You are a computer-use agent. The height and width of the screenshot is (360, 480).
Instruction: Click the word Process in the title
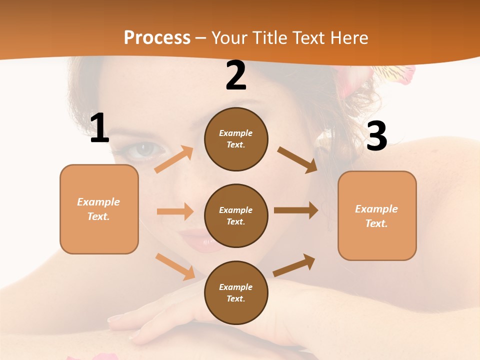click(x=157, y=38)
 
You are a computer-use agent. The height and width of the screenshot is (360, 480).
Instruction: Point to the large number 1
click(x=99, y=128)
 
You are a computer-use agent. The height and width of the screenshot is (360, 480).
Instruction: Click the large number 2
click(x=236, y=76)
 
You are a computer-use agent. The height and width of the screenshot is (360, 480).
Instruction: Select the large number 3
click(x=376, y=136)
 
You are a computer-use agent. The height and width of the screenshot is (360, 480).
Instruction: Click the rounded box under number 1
click(x=99, y=209)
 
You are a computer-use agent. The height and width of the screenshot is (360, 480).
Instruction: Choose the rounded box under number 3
click(x=377, y=215)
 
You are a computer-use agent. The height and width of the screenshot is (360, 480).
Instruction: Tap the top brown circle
click(x=236, y=139)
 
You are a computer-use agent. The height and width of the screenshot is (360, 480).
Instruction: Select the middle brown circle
click(x=236, y=215)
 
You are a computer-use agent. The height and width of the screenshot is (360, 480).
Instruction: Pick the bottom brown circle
click(x=236, y=292)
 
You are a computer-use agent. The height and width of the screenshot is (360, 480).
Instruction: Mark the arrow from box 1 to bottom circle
click(x=175, y=266)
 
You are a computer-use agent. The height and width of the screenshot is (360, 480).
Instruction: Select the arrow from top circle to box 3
click(x=297, y=159)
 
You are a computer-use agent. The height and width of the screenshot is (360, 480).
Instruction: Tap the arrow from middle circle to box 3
click(x=296, y=210)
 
